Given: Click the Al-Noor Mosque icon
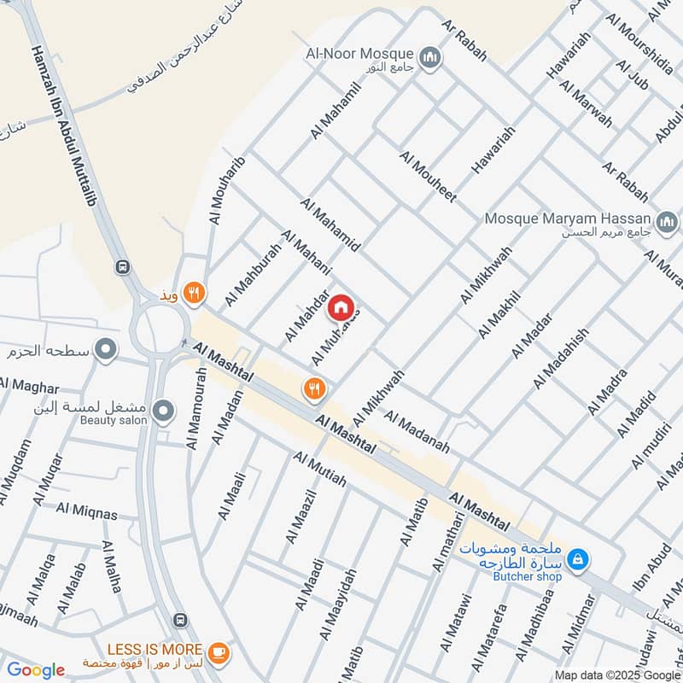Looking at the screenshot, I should pos(431,57).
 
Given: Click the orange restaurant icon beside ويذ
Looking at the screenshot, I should pos(196,293).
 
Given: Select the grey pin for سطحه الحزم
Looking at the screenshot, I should pos(106,349).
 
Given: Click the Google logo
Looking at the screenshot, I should pos(35,670).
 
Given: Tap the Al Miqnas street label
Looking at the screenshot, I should pos(86,511).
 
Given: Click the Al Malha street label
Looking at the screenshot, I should pos(112,567).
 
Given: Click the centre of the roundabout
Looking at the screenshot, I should pos(159,329).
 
